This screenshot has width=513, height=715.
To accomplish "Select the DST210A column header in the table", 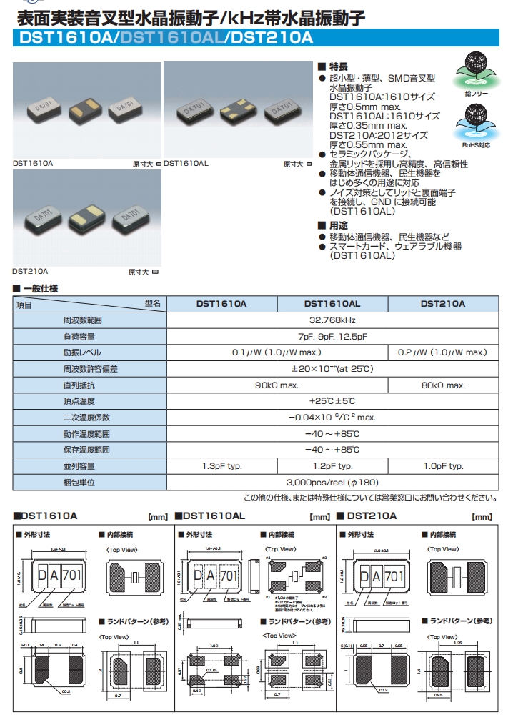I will coord(442,304).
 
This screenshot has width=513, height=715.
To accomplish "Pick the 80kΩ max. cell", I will coord(442,385).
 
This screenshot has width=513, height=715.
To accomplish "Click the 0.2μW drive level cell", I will coord(442,352).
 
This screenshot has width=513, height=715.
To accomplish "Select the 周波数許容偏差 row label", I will coord(91,369).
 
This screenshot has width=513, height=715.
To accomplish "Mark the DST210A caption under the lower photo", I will coord(30,272).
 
